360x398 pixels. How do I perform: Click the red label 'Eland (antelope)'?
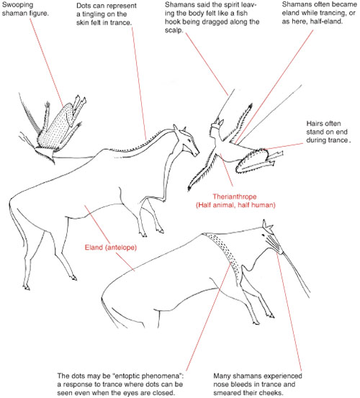[x=111, y=248]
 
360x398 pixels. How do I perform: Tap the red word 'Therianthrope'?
[x=235, y=196]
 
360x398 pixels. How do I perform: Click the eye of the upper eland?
[x=189, y=140]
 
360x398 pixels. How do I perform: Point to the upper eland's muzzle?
[x=196, y=153]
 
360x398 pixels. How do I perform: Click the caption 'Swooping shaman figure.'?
[x=25, y=9]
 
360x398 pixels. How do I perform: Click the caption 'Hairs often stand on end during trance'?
[x=328, y=132]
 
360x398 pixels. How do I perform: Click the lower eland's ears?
[x=267, y=225]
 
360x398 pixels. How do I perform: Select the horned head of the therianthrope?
[x=217, y=126]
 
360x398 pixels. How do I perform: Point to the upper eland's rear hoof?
[x=27, y=288]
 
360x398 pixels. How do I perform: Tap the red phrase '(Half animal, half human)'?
[x=235, y=205]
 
